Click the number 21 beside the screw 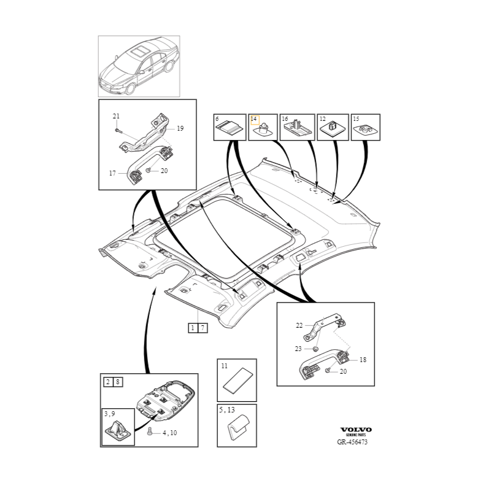tap(116, 116)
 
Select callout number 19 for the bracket tap(180, 128)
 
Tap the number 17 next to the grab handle tap(112, 173)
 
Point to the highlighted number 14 tap(253, 119)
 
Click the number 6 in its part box tap(217, 119)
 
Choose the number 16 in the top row tap(285, 119)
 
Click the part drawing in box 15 tap(366, 130)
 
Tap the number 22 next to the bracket tap(300, 326)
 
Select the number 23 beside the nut tap(298, 349)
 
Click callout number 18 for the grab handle tap(363, 360)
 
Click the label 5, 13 tap(227, 410)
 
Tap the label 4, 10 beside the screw tap(170, 433)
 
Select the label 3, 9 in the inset tap(110, 414)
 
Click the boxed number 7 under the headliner tap(203, 328)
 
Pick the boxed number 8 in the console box tap(118, 382)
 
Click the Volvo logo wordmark tap(356, 430)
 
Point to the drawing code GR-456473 tap(352, 442)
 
